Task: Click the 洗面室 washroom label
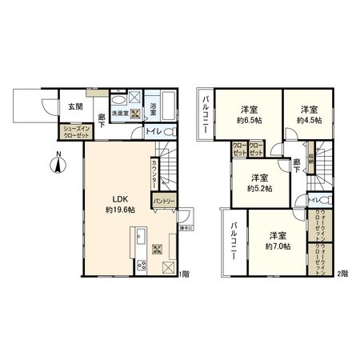tap(120, 113)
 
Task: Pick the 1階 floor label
tap(186, 274)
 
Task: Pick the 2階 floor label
tap(342, 274)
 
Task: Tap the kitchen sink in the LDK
tap(138, 236)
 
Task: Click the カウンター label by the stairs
tap(154, 175)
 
